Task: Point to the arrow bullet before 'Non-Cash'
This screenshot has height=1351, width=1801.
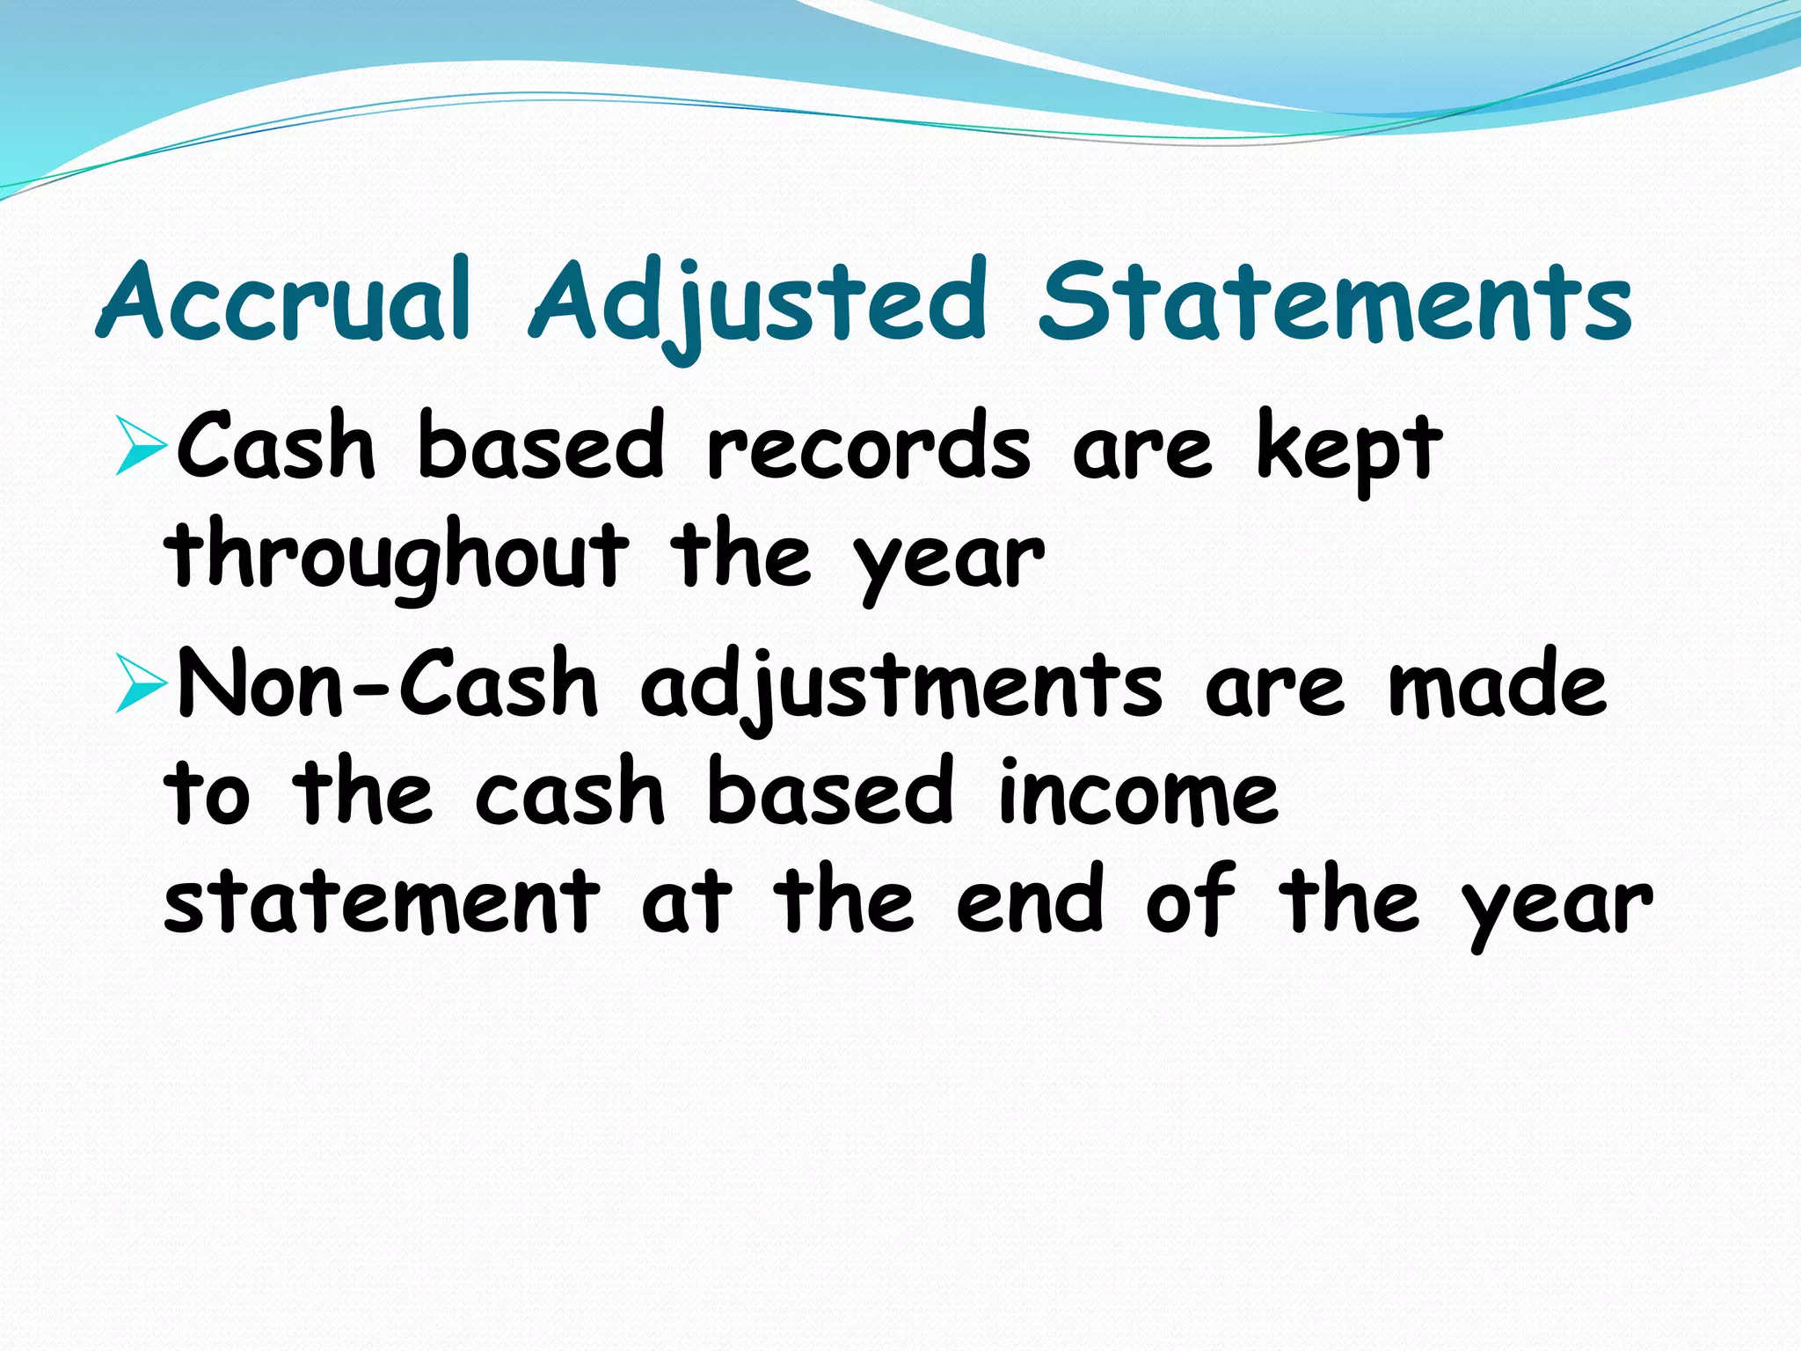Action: click(141, 687)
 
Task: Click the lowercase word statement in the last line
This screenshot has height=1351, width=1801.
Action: click(382, 902)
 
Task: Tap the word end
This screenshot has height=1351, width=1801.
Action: click(1029, 902)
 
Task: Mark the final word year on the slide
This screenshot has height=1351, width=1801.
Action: click(1557, 906)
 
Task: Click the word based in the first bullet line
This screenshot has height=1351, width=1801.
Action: click(540, 448)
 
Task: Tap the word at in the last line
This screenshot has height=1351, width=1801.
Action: click(686, 902)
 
